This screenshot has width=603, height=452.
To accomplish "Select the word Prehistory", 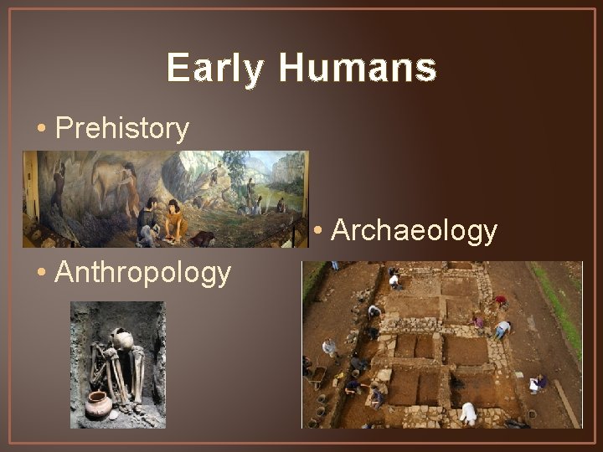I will click(x=122, y=129).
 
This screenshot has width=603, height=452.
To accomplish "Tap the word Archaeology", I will click(x=415, y=230).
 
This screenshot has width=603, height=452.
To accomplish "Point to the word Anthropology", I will click(x=142, y=272).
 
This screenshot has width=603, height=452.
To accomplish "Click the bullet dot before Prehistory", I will click(x=41, y=130).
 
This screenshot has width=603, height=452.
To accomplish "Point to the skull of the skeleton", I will click(x=122, y=340).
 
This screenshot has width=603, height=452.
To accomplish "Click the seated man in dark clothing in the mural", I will click(x=149, y=219).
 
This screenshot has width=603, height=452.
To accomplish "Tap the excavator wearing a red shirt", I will click(x=501, y=300).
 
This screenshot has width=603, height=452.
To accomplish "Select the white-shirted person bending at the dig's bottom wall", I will click(x=469, y=412).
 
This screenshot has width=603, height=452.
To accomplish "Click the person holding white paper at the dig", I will click(x=537, y=383).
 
